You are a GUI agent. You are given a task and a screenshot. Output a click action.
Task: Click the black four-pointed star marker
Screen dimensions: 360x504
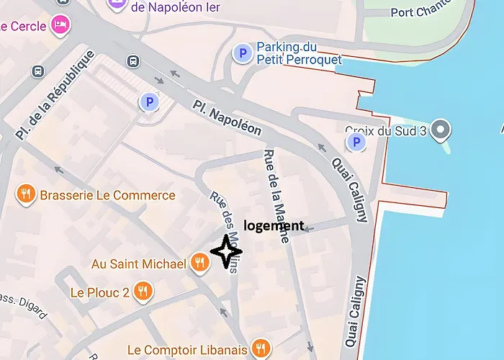coord(226,252)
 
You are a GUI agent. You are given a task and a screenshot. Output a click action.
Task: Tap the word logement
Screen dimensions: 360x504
coord(274,225)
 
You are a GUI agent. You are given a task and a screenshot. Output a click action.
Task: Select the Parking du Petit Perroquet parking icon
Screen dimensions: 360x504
coord(243,53)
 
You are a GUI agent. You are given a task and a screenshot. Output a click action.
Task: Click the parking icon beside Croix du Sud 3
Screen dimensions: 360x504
coord(355,143)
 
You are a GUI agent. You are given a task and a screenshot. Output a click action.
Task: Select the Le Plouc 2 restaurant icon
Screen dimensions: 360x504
coord(144,292)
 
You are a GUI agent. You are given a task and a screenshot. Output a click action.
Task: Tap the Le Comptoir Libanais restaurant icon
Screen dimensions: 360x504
coord(261,349)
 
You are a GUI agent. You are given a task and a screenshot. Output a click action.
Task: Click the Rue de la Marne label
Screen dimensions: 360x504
coord(276,195)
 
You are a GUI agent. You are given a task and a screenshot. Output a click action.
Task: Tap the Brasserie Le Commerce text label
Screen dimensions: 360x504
coord(107,195)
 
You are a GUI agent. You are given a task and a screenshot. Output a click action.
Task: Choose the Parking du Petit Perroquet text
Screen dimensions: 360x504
coord(299,53)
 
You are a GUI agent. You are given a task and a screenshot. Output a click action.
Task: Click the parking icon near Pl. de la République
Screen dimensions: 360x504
coord(149,102)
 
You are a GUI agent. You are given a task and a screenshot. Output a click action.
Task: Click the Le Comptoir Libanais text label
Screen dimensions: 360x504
coord(186,351)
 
